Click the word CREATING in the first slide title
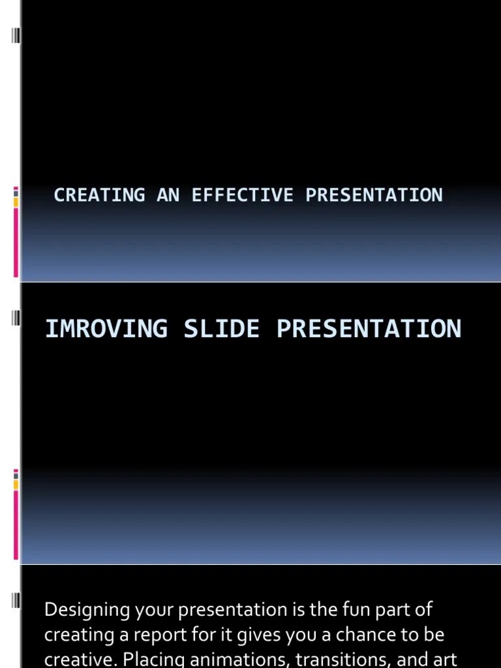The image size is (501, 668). point(99,195)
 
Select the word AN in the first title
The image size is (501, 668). point(168,195)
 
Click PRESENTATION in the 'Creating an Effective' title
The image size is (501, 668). point(374,195)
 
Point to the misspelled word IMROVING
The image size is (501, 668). point(106,328)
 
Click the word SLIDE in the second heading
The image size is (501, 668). point(221,328)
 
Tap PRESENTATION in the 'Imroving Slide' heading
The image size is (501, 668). point(369,328)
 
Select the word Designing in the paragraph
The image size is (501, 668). point(87,611)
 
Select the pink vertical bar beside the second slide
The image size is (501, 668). point(16,525)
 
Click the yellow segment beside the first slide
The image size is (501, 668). point(16,202)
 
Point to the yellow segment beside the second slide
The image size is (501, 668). point(16,484)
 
